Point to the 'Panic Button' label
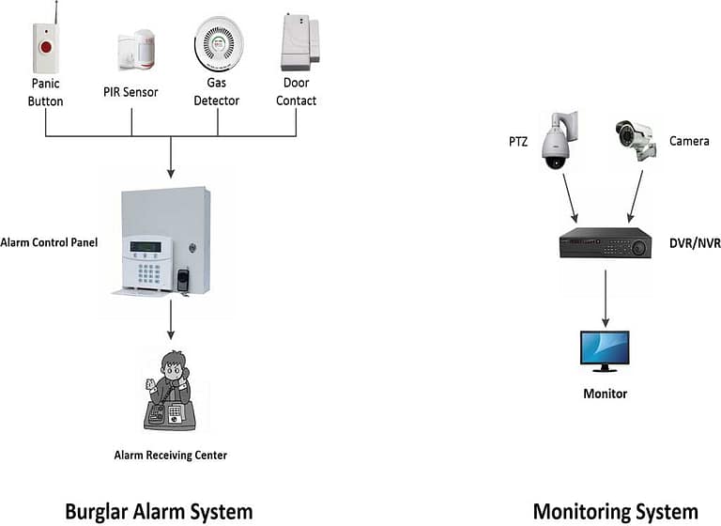pos(45,93)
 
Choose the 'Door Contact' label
pos(296,93)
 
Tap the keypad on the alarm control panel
pos(149,271)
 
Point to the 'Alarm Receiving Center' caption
pos(172,456)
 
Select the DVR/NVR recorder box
pos(605,243)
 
